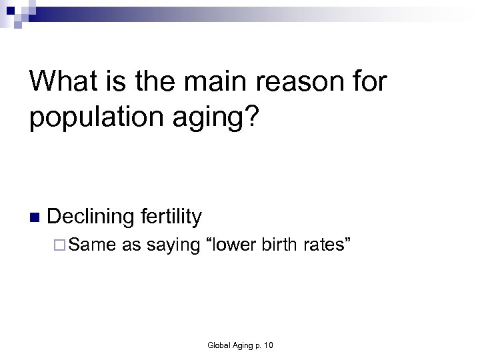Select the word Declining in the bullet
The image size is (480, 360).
click(x=93, y=216)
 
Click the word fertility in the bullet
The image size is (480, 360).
click(x=171, y=216)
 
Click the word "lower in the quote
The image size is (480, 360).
click(x=234, y=245)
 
